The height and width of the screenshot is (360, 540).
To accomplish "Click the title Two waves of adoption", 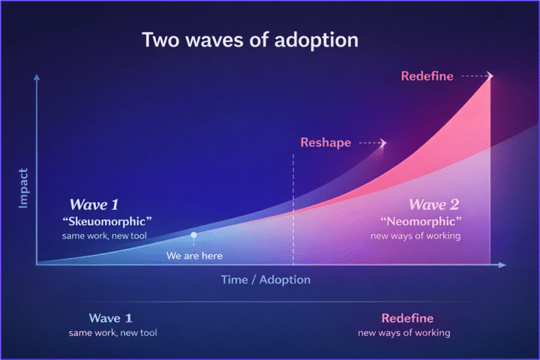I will [250, 40].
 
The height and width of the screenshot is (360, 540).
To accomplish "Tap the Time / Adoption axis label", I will [265, 280].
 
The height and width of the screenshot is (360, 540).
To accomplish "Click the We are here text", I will [194, 256].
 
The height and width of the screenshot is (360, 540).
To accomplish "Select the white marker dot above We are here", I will [193, 235].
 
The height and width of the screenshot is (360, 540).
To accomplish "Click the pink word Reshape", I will [325, 142].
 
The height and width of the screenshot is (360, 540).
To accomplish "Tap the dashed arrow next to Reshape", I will [373, 142].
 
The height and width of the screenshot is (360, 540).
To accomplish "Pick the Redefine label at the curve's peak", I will [427, 76].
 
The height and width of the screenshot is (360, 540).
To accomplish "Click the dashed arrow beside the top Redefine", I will [477, 76].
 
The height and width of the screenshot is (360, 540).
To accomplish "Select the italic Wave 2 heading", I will [434, 204].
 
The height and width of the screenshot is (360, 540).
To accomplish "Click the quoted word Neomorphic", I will [421, 221].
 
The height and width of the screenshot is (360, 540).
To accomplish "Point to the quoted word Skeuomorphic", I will [107, 221].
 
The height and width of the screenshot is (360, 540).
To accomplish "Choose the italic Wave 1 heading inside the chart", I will [94, 204].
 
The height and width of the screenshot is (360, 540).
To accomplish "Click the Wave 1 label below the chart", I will [111, 318].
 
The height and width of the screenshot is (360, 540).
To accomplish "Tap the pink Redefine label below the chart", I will [407, 318].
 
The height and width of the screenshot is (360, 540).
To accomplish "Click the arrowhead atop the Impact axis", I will [36, 77].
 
